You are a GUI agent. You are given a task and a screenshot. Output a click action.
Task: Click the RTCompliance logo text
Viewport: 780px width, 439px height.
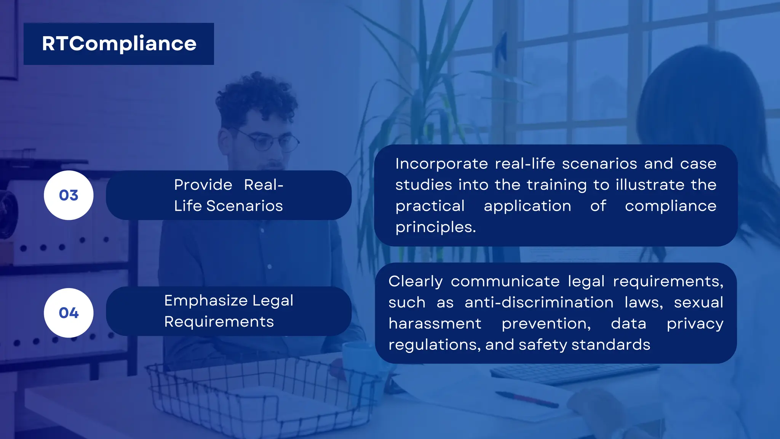pos(119,43)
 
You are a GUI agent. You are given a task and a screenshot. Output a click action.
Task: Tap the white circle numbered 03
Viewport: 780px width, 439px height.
pos(69,195)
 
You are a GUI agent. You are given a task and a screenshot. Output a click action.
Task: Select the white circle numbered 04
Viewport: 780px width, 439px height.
pos(69,313)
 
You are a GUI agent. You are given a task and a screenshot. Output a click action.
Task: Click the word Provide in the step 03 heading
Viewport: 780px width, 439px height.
pos(203,185)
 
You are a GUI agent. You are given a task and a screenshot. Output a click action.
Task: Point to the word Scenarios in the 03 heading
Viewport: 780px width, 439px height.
pos(245,206)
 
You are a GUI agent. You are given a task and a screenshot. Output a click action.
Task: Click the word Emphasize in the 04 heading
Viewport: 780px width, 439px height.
pos(205,301)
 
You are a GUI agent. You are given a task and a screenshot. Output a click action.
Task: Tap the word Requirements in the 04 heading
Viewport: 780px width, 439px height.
pos(219,322)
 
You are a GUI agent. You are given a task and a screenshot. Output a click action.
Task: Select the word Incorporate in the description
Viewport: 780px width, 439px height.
pos(441,164)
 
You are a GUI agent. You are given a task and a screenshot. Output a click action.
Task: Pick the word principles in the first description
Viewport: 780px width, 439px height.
pos(435,227)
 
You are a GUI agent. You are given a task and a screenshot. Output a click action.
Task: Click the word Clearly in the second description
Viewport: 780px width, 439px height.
pos(416,282)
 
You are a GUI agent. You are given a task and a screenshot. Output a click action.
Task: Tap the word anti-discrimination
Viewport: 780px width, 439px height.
pos(539,303)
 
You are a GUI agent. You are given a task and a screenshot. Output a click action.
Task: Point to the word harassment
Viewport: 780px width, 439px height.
pos(435,324)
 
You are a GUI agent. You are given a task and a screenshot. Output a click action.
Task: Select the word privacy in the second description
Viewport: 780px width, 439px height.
pos(695,324)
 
